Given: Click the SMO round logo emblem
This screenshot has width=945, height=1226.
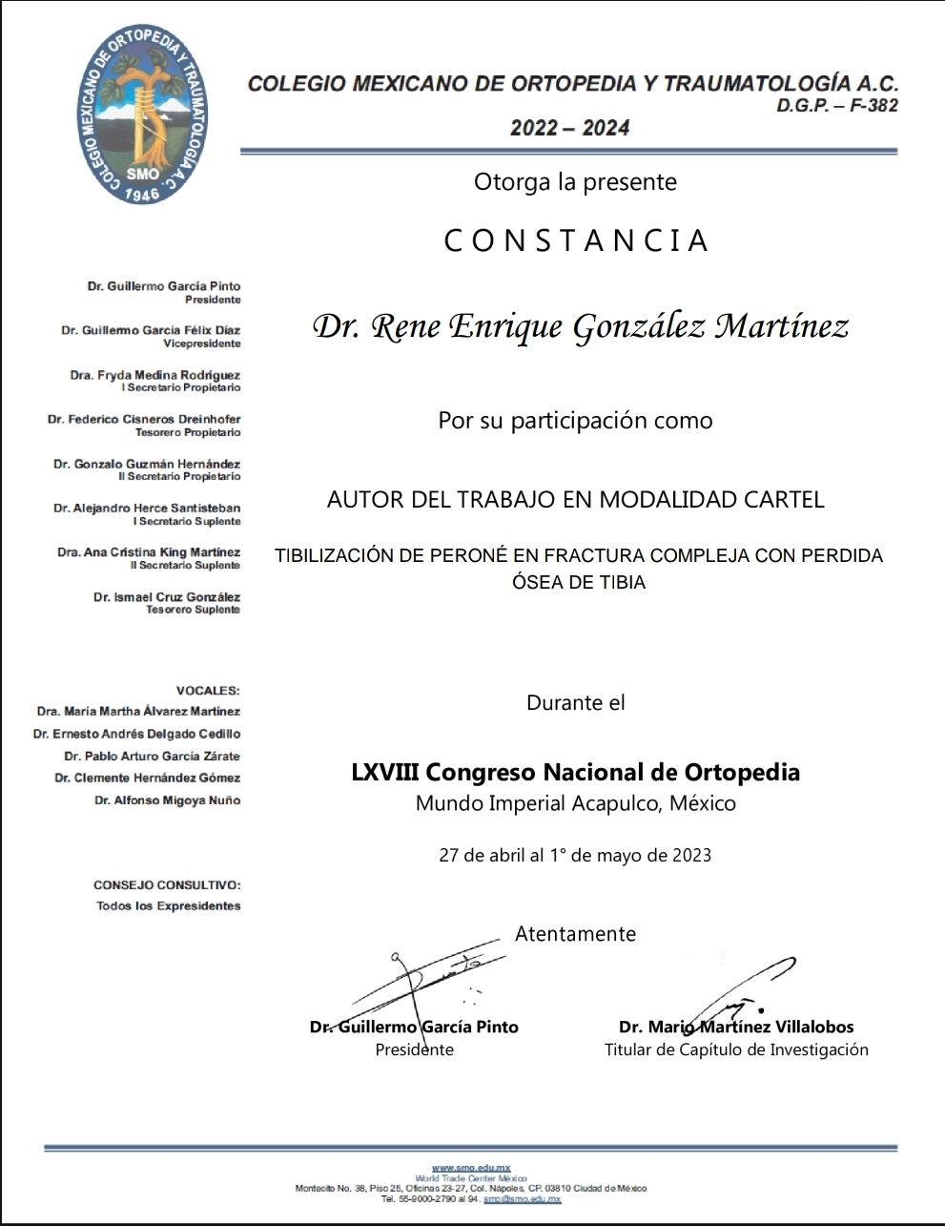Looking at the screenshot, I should tap(142, 114).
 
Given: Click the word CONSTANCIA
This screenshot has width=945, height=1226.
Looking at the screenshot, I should tap(576, 240).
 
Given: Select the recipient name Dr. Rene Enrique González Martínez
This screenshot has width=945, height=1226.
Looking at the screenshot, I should tap(581, 327).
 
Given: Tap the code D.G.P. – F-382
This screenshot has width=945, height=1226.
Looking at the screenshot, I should tap(836, 106).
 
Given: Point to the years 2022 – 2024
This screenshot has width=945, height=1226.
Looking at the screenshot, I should tap(569, 128).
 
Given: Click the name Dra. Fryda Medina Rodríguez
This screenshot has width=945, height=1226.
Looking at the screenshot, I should tap(154, 375).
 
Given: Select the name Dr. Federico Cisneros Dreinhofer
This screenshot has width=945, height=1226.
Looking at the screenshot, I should tap(144, 419).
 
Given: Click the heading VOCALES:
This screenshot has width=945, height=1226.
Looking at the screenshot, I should tap(208, 690).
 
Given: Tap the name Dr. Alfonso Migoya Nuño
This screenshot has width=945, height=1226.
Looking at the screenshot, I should tap(167, 800).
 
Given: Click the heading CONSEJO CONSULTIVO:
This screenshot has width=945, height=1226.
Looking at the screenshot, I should tap(167, 885).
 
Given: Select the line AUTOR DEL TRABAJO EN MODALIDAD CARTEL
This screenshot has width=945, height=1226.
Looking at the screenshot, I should tap(575, 499).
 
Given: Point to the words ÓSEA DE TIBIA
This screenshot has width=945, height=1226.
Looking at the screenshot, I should tap(579, 582).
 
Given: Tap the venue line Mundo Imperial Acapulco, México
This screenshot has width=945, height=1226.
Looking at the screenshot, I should tap(575, 803).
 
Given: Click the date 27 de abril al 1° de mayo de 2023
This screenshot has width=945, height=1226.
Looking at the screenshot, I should tap(575, 855).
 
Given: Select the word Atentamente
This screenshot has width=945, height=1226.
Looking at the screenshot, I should tap(575, 934).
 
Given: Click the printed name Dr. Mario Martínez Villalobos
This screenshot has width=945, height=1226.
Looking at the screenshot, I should tap(736, 1028).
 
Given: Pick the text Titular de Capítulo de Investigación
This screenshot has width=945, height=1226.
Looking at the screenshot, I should tap(736, 1049).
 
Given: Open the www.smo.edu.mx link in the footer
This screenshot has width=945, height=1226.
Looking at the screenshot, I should tap(471, 1168).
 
